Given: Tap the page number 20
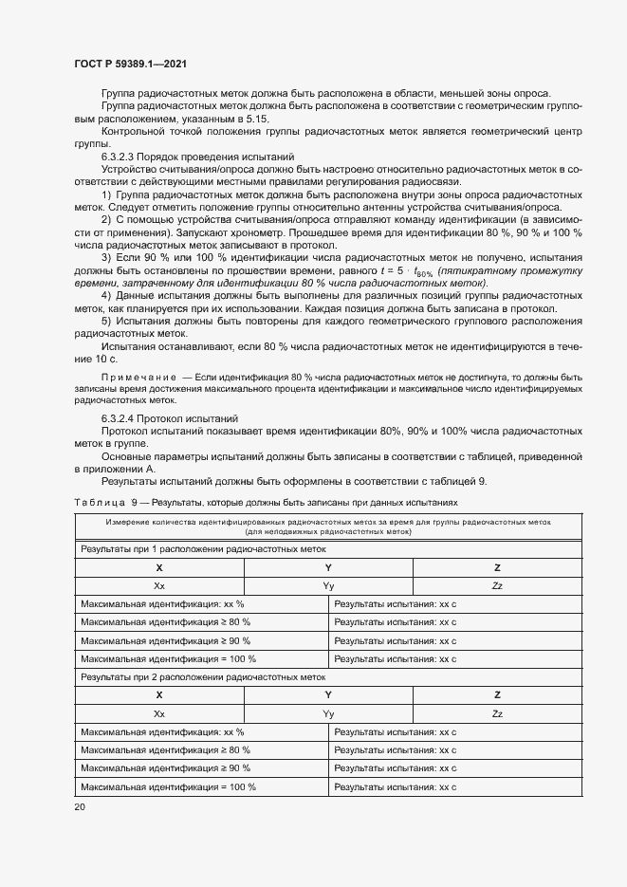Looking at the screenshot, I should [x=79, y=806].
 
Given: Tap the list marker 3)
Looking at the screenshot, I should [x=106, y=257].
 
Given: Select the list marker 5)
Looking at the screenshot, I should [x=106, y=321].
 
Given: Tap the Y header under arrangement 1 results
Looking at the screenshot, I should [x=328, y=567].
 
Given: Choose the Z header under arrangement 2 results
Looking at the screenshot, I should [x=497, y=695].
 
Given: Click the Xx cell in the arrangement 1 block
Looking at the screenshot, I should [x=159, y=585].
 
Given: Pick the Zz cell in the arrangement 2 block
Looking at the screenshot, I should [x=497, y=713].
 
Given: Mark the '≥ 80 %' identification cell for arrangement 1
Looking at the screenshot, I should [x=166, y=622].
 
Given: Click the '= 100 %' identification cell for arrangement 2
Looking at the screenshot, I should [x=169, y=787].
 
